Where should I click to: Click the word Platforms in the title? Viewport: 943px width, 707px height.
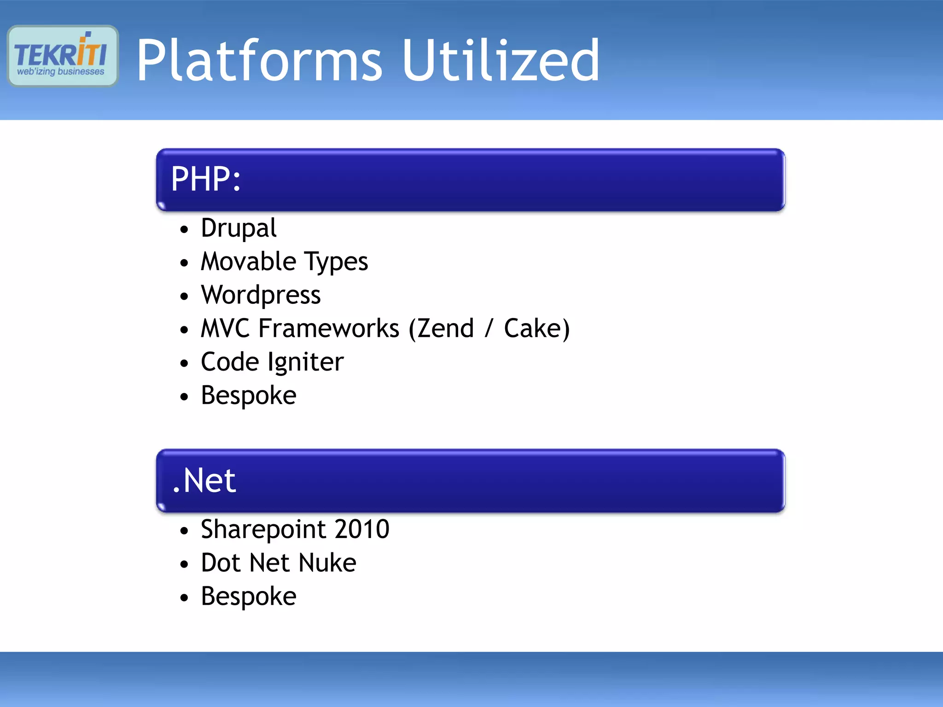259,61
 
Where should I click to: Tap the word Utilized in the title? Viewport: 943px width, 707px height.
501,61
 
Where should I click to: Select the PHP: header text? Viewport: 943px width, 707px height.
206,179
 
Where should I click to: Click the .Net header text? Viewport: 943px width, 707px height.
204,481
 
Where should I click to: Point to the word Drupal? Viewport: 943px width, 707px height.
239,228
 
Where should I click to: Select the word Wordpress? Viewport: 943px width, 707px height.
261,296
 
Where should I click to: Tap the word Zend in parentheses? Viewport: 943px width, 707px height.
445,329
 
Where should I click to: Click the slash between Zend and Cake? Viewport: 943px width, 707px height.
489,329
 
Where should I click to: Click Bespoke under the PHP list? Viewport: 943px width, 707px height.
249,396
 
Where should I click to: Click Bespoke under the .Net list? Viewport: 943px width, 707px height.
249,597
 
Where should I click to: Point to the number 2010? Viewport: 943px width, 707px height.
362,529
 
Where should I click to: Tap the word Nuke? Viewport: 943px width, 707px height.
327,563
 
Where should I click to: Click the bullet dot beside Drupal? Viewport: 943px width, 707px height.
185,229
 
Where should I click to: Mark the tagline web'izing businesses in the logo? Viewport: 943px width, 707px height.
61,72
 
